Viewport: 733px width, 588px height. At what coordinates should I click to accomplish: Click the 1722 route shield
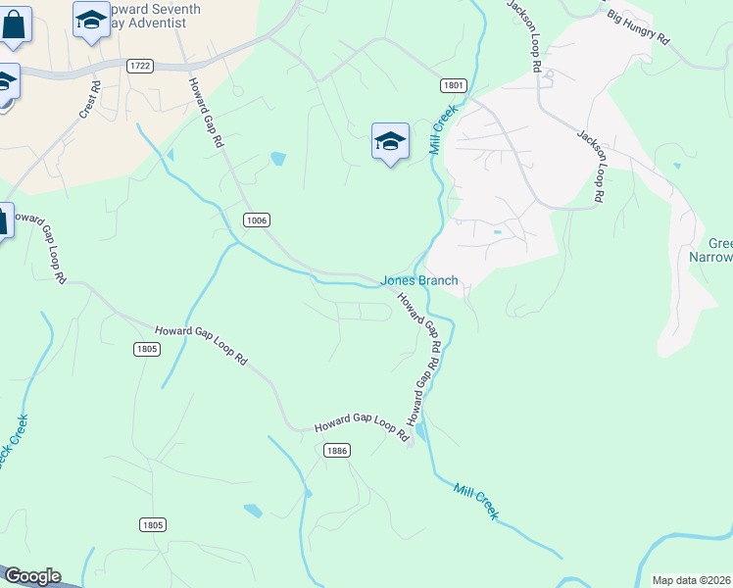click(x=139, y=66)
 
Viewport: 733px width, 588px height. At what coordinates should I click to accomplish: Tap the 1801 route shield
click(x=452, y=86)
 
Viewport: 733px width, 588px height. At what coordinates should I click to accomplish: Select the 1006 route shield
click(x=257, y=220)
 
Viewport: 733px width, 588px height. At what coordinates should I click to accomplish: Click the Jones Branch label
click(x=418, y=280)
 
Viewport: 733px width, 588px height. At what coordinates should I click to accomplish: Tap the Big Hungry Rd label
click(x=637, y=27)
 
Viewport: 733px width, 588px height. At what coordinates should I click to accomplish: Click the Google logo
click(x=32, y=576)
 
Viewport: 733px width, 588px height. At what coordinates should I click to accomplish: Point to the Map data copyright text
click(x=692, y=580)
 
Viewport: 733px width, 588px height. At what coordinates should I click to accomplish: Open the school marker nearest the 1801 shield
click(x=390, y=141)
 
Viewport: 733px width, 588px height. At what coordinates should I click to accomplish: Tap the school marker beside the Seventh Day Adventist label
click(x=91, y=20)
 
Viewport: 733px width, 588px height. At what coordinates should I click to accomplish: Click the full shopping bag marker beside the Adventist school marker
click(x=16, y=24)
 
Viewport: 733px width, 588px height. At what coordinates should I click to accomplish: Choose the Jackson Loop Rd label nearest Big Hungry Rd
click(x=523, y=34)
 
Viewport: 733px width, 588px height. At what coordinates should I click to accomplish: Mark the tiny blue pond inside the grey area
click(x=498, y=232)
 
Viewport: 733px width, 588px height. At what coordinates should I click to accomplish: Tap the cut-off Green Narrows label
click(x=719, y=250)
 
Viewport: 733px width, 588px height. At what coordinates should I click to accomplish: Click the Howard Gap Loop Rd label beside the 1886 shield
click(x=361, y=428)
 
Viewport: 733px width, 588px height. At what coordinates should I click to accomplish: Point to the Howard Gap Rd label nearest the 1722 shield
click(x=207, y=112)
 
